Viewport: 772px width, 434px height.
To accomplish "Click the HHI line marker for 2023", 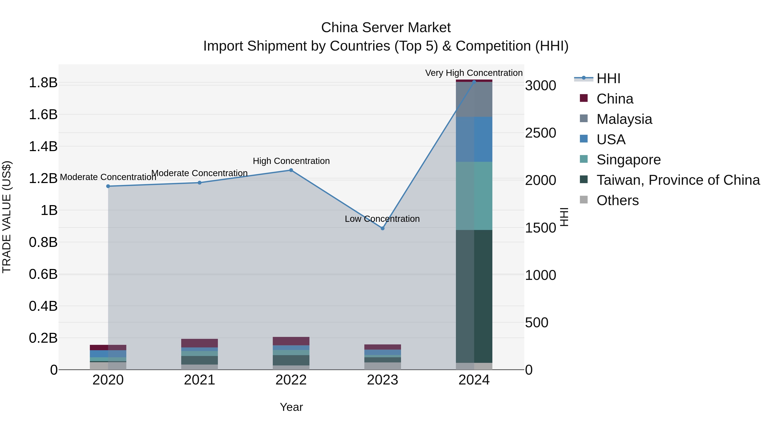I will (382, 228).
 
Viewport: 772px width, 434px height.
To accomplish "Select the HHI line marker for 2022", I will (291, 170).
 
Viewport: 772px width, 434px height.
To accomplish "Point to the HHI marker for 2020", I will (108, 186).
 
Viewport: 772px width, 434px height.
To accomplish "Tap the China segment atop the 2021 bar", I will (200, 343).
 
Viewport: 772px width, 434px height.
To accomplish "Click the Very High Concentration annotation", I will (474, 73).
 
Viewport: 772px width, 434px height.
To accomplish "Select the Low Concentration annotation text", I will (382, 219).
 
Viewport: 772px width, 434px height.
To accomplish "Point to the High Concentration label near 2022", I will (291, 161).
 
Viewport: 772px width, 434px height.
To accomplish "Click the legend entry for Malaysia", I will (624, 119).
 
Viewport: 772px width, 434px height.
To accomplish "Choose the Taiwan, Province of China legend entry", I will (678, 180).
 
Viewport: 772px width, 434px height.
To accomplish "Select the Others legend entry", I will (617, 200).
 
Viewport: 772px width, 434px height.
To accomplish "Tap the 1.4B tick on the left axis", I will (43, 146).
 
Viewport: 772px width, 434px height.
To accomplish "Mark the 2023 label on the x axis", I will (382, 380).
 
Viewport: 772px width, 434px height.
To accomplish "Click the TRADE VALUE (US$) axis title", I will (7, 217).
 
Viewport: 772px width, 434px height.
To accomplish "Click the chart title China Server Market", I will (386, 28).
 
